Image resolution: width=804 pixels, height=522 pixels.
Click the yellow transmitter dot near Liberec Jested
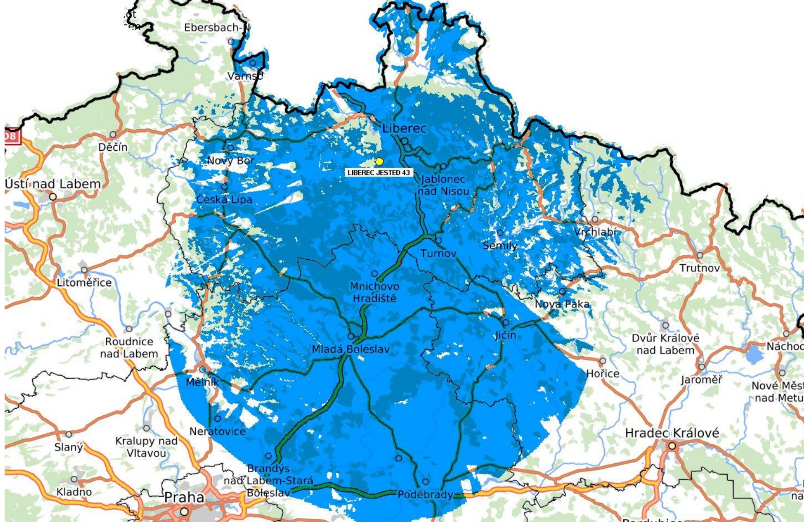(x=379, y=162)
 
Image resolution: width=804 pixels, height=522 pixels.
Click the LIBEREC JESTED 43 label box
(x=379, y=172)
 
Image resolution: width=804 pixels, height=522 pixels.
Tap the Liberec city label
(x=404, y=128)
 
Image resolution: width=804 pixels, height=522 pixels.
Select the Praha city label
(x=184, y=498)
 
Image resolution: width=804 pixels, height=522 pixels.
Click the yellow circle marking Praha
(x=184, y=512)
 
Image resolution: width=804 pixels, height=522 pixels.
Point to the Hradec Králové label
(x=672, y=433)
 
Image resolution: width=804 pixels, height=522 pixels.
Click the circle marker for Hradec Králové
(x=672, y=446)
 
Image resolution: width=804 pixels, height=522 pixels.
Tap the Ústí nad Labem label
(x=53, y=184)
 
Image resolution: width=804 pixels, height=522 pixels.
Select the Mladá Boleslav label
(x=351, y=349)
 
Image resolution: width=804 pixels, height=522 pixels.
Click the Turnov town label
(x=438, y=253)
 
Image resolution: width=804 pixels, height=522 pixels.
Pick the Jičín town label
(x=505, y=335)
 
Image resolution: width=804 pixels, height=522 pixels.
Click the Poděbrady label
(x=425, y=495)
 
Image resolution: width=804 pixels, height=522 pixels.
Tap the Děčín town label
(x=113, y=147)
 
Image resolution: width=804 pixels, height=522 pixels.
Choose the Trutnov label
(x=700, y=268)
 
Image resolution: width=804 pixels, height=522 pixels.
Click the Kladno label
(x=74, y=491)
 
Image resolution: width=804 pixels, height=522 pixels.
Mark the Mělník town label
(x=203, y=382)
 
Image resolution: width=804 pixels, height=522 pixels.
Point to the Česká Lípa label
(x=224, y=200)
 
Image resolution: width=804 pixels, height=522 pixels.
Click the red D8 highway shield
(x=12, y=136)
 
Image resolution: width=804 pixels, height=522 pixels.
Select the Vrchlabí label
(x=595, y=232)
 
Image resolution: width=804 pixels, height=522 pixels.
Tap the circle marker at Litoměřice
(x=84, y=270)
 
